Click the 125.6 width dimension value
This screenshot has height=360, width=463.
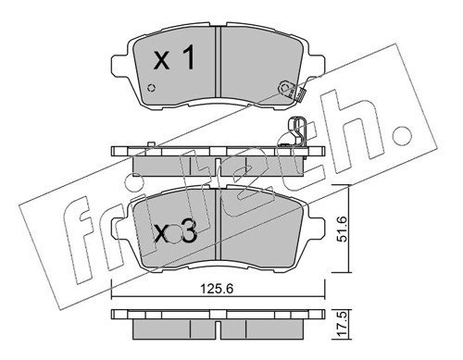[217, 289]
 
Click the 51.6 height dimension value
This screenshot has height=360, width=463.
[343, 229]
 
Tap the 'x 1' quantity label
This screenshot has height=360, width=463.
[174, 57]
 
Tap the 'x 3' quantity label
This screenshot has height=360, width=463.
[175, 233]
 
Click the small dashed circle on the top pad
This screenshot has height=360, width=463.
[151, 88]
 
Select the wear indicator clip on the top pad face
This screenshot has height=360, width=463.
[292, 91]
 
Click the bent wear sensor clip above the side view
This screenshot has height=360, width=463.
[297, 131]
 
